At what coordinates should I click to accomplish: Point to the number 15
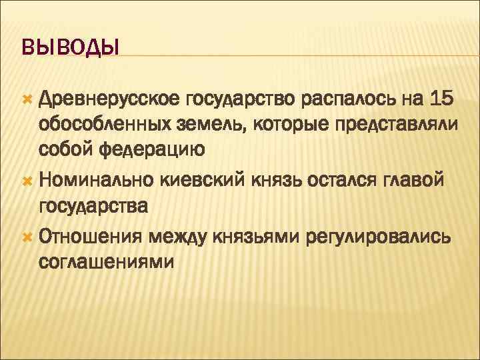point(441,101)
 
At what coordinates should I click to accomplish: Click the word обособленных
point(111,125)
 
